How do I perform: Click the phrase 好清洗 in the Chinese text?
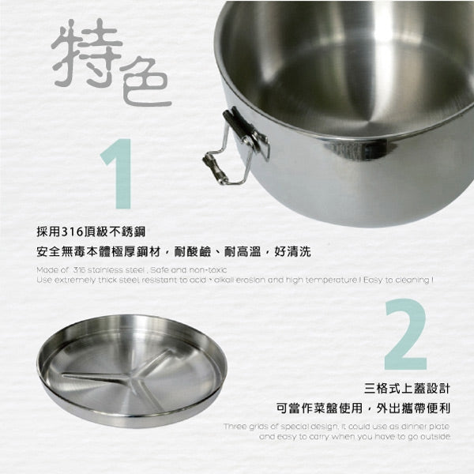pos(292,253)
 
